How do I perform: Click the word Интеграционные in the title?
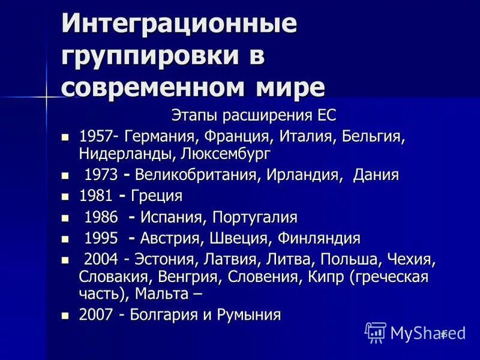tap(179, 25)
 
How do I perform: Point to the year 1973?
tap(101, 175)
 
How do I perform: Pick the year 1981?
tap(95, 196)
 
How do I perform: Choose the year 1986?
tap(101, 217)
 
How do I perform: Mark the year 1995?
tap(101, 238)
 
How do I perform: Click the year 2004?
tap(101, 260)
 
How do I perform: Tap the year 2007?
tap(95, 314)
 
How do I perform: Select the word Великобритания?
tap(197, 175)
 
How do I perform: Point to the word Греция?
tap(157, 196)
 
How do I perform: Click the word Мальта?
tap(163, 294)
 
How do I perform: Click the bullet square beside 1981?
tap(66, 196)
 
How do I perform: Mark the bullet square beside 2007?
tap(66, 314)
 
